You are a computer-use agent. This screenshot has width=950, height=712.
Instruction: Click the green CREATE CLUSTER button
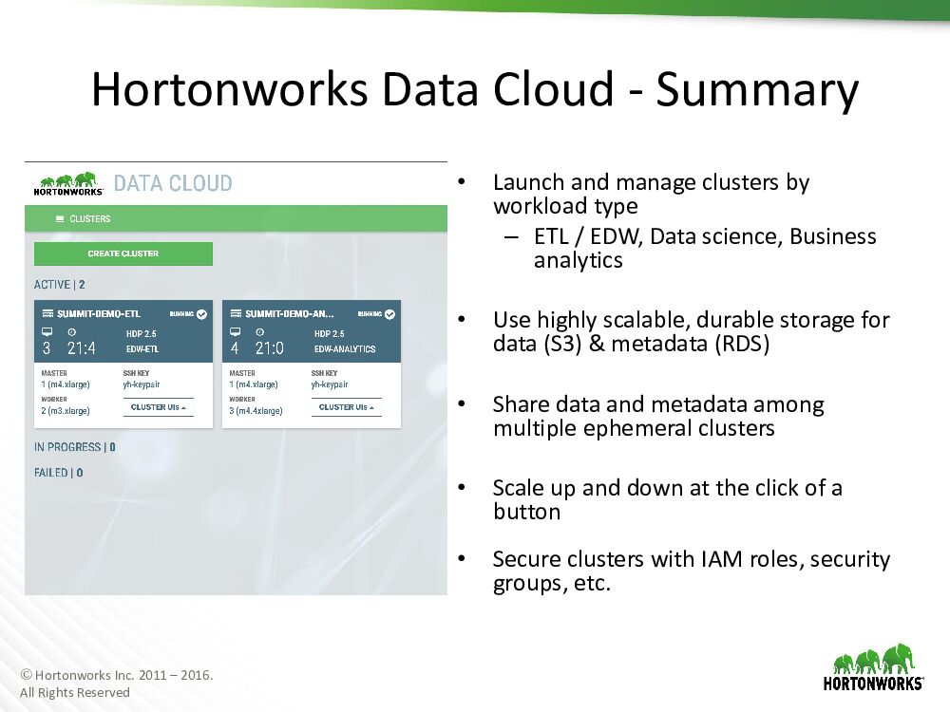(123, 253)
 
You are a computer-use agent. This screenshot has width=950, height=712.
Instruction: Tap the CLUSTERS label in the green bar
(89, 218)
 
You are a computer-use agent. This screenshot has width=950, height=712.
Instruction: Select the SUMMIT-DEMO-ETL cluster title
(99, 313)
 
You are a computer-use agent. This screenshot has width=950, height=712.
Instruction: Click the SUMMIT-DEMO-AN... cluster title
(290, 313)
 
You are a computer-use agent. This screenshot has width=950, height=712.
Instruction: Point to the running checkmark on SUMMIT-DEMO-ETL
(201, 313)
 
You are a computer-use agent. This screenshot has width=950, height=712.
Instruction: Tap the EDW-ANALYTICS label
(345, 349)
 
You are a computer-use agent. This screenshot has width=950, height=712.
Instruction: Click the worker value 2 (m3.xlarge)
(66, 410)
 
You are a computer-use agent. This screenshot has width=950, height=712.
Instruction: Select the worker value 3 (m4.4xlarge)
(256, 410)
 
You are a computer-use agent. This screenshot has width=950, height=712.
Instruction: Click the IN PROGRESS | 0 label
(74, 447)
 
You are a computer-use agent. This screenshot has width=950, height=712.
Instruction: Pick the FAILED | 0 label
(58, 472)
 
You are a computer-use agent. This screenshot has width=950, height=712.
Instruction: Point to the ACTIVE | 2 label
(59, 285)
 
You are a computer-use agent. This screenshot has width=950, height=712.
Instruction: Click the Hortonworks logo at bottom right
(873, 667)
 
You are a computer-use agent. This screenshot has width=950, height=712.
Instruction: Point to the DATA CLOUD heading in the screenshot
(173, 183)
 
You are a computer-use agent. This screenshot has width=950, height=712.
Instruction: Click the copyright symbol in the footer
(26, 674)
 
